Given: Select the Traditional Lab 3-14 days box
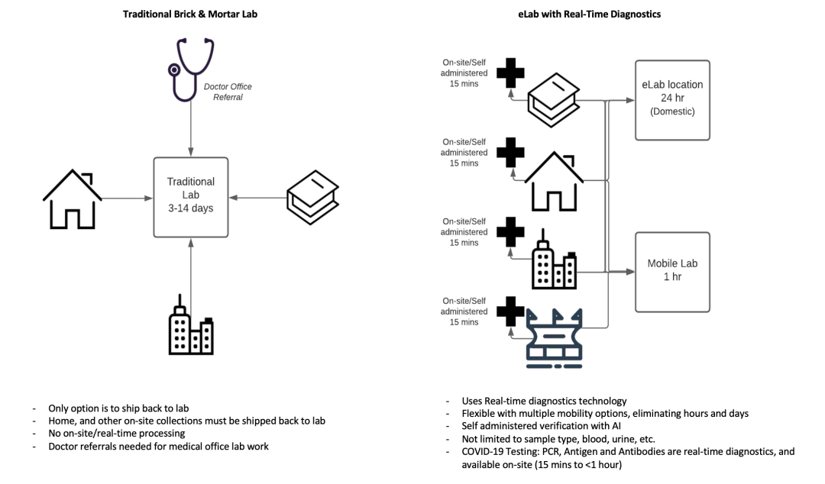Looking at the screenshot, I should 191,196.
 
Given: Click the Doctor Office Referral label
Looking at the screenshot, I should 228,92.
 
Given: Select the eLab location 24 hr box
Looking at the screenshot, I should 672,99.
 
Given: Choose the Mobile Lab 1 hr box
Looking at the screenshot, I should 672,270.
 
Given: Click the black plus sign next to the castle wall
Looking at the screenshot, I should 510,312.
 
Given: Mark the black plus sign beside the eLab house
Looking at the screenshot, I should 510,152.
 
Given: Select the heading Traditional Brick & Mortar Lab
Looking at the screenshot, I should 190,14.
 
